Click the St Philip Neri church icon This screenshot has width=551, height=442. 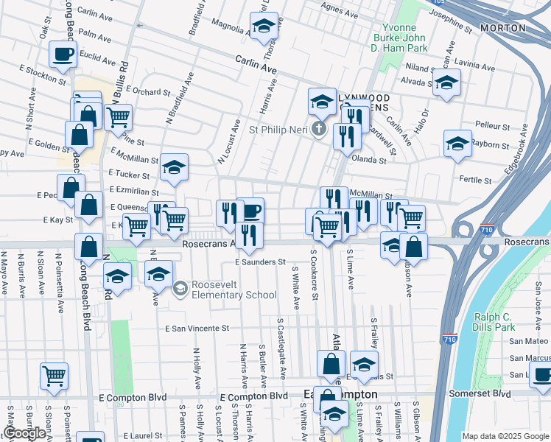click(318, 130)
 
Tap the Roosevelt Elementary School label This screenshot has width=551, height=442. click(234, 290)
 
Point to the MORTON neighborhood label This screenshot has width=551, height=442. click(502, 28)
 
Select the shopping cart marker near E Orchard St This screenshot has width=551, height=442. click(118, 116)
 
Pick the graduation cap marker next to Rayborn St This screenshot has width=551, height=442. click(457, 144)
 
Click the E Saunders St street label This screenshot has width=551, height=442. click(260, 262)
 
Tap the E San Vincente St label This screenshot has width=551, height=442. click(197, 328)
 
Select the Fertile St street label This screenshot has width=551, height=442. click(474, 180)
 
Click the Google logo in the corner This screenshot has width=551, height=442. click(24, 433)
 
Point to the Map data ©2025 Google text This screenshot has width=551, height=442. click(505, 436)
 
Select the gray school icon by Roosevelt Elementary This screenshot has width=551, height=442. click(180, 290)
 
